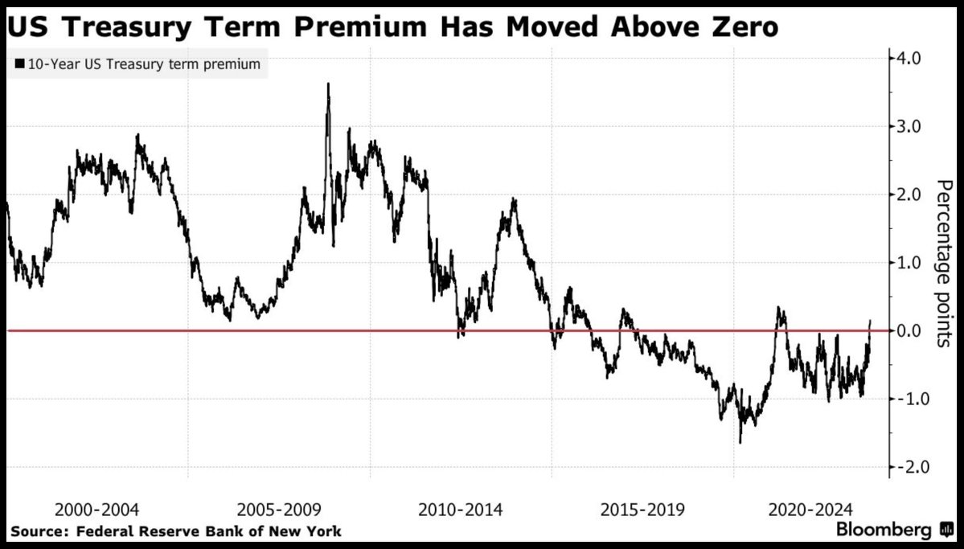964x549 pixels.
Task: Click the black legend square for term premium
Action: (x=19, y=65)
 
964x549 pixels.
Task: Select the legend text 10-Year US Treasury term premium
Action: (x=144, y=65)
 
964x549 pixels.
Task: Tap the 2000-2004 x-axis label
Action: (x=97, y=509)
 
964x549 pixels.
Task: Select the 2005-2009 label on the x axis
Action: (x=280, y=509)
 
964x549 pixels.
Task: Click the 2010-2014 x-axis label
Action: (x=461, y=509)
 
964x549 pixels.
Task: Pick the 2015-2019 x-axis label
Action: (x=643, y=509)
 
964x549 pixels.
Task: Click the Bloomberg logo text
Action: (x=884, y=531)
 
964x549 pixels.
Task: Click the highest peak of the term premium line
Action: (x=328, y=84)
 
